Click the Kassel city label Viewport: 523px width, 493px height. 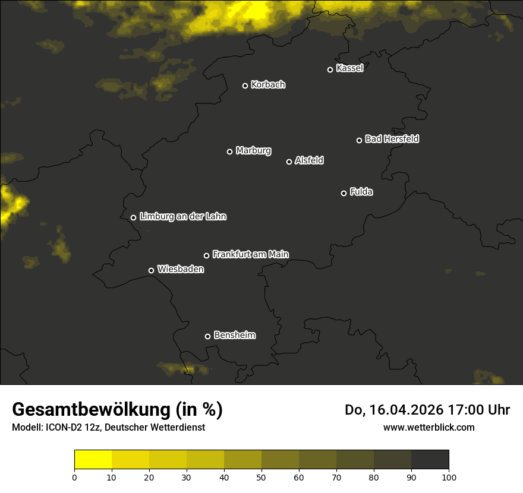tap(349, 68)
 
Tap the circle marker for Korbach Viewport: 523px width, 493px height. tap(245, 86)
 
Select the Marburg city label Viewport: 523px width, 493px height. tap(253, 151)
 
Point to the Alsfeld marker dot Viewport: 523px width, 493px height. tap(289, 162)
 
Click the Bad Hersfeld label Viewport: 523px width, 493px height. tap(392, 139)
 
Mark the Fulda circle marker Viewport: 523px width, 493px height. tap(344, 193)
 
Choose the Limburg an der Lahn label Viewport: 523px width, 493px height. tap(182, 217)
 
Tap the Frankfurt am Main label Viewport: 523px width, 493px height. tap(250, 254)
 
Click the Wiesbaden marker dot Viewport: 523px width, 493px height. tap(151, 270)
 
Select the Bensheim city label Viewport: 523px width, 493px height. tap(234, 335)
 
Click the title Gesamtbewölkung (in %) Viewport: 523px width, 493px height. tap(117, 410)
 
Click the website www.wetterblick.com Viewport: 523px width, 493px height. tap(429, 427)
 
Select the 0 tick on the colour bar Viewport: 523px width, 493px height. tap(74, 476)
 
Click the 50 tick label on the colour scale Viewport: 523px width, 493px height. tap(261, 476)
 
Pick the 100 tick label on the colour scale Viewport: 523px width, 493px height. tap(449, 476)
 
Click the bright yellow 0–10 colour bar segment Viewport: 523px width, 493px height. tap(93, 460)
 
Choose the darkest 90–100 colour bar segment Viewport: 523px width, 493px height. tap(430, 460)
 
